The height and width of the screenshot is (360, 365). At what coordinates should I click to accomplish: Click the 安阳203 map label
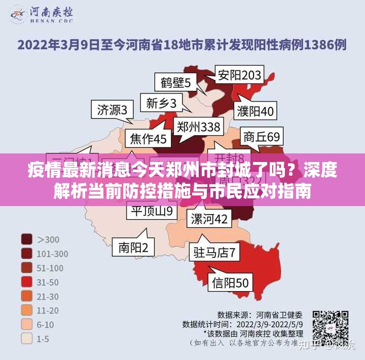pyautogui.click(x=239, y=75)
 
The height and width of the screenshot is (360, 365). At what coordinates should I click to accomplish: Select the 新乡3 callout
pyautogui.click(x=161, y=104)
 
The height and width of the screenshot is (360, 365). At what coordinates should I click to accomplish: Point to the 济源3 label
pyautogui.click(x=112, y=109)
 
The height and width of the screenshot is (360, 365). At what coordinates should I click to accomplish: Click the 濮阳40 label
pyautogui.click(x=256, y=110)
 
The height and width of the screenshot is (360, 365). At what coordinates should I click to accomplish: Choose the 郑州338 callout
pyautogui.click(x=198, y=127)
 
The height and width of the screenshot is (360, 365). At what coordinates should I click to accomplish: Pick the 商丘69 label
pyautogui.click(x=261, y=137)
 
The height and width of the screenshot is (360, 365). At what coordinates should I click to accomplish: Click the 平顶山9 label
pyautogui.click(x=152, y=210)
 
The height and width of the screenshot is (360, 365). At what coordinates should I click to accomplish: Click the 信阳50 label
pyautogui.click(x=230, y=283)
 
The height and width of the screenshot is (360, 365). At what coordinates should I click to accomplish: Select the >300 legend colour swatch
pyautogui.click(x=27, y=239)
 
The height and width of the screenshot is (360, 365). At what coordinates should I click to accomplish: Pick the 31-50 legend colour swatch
pyautogui.click(x=27, y=282)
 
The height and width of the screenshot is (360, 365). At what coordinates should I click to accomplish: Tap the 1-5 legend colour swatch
pyautogui.click(x=27, y=339)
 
